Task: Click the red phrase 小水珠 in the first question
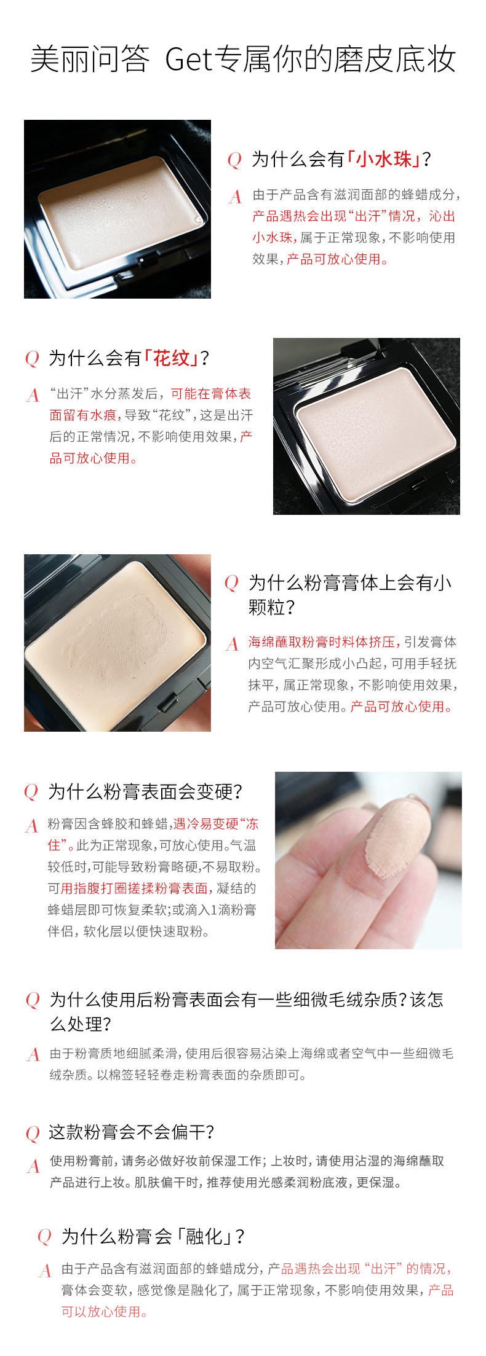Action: pyautogui.click(x=384, y=160)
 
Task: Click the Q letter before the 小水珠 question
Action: pyautogui.click(x=234, y=160)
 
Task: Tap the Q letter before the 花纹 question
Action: pyautogui.click(x=31, y=358)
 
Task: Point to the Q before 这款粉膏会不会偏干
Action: pyautogui.click(x=33, y=1132)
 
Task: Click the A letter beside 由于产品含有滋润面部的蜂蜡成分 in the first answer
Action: pyautogui.click(x=236, y=197)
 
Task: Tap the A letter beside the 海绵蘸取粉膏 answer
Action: pyautogui.click(x=232, y=643)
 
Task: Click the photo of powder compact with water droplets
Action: pyautogui.click(x=118, y=210)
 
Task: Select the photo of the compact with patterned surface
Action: pyautogui.click(x=367, y=426)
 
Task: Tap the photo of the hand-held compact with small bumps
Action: pyautogui.click(x=118, y=643)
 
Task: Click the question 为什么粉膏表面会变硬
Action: pyautogui.click(x=145, y=792)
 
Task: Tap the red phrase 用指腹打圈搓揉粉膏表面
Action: pyautogui.click(x=137, y=888)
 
